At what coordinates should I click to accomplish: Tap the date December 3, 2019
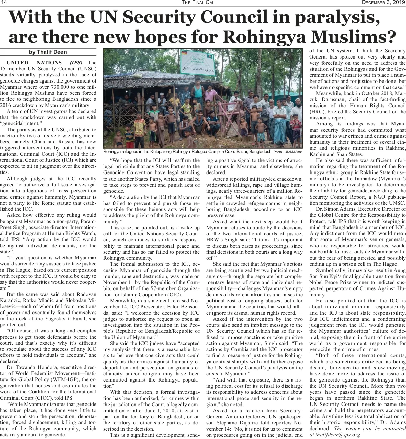click(x=381, y=3)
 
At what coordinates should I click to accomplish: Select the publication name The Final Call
click(x=199, y=3)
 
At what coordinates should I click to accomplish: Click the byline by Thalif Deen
click(x=48, y=52)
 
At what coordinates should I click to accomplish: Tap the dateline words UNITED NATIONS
click(x=34, y=63)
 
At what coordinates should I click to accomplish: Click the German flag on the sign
click(x=185, y=53)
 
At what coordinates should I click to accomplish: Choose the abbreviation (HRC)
click(x=317, y=112)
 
